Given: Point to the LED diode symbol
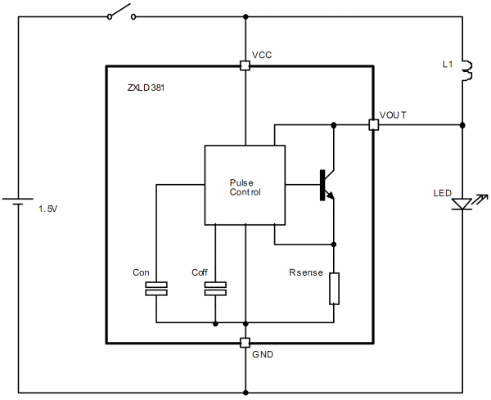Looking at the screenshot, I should tap(463, 201).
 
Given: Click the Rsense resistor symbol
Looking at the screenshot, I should tap(334, 289).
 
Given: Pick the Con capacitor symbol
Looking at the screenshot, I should tap(155, 288).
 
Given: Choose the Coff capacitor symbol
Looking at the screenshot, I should tap(215, 288).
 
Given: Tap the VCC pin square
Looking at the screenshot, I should tap(245, 65).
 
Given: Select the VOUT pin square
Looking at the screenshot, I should tap(373, 125).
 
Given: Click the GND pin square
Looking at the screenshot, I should tap(245, 343).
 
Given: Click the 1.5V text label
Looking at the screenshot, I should tap(48, 210).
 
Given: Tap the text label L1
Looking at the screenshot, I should tap(447, 63).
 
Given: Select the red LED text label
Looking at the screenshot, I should tap(442, 193).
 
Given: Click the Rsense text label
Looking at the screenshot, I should tap(304, 272).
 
